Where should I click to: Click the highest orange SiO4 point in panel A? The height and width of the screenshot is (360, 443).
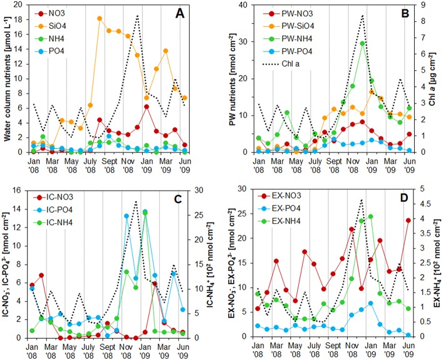coord(100,19)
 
